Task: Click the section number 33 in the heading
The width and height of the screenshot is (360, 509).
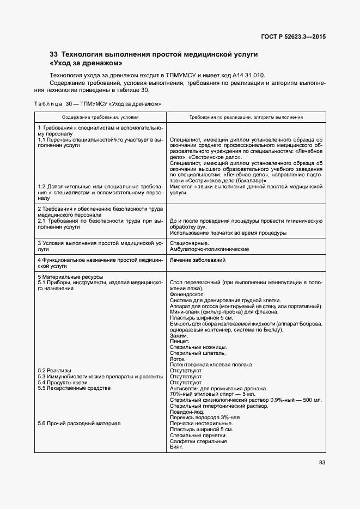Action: [53, 54]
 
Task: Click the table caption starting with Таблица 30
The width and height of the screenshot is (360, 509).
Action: [97, 103]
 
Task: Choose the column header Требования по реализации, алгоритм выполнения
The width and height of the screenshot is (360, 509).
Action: [246, 117]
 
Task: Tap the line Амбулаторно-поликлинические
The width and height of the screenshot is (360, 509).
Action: [209, 249]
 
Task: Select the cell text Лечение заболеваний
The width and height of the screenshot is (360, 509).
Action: [198, 260]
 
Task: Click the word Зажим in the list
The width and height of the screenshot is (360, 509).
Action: [179, 335]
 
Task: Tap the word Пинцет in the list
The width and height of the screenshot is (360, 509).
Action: [180, 341]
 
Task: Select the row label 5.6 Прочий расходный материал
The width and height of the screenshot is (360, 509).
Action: [79, 424]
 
